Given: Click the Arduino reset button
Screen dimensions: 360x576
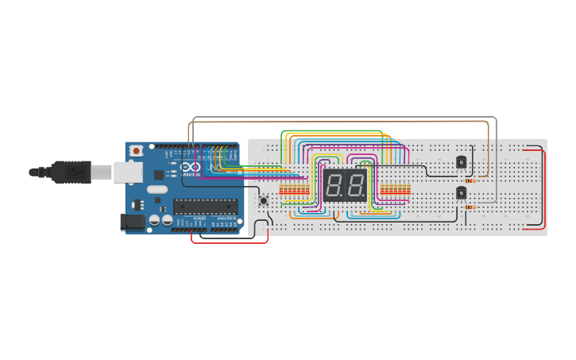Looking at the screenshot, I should (x=137, y=150).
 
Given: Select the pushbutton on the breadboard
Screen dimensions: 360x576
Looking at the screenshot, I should (x=263, y=201).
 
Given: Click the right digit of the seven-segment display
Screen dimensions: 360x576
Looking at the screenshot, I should (x=355, y=187).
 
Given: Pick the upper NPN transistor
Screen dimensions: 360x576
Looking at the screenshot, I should (x=461, y=162).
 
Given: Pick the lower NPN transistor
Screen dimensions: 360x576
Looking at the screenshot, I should (x=461, y=192).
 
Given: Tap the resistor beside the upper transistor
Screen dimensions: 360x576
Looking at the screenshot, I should (x=471, y=180).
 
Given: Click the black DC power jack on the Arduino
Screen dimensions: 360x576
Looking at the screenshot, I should (x=131, y=222).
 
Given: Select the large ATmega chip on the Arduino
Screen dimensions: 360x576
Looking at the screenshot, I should (x=205, y=207).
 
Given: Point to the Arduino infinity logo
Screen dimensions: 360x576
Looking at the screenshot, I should (x=188, y=166).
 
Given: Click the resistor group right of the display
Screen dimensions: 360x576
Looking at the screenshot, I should (x=395, y=190).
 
